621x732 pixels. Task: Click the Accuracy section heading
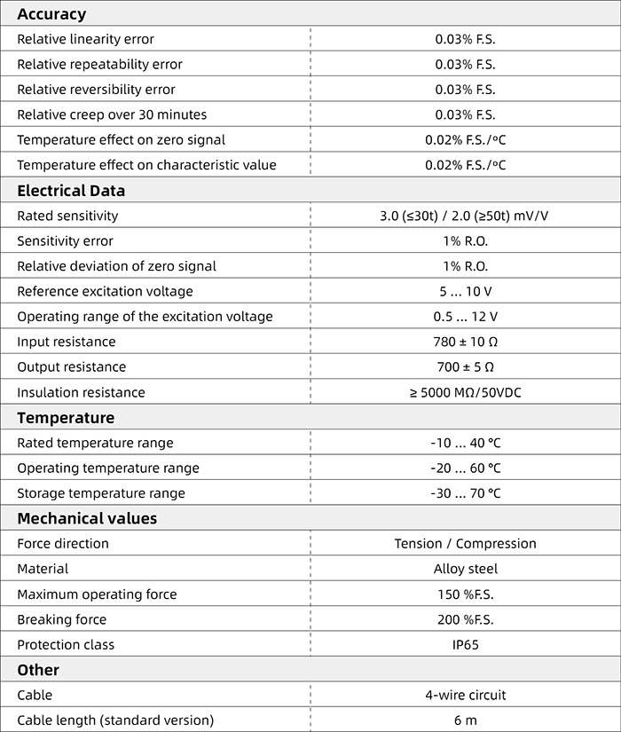[x=51, y=14]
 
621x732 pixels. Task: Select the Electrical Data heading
[x=71, y=191]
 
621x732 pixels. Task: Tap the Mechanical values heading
[x=87, y=518]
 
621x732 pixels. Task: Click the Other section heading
[x=38, y=670]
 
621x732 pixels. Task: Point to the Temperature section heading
[x=66, y=418]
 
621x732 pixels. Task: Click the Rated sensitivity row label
[x=67, y=216]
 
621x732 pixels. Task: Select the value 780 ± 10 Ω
[x=465, y=342]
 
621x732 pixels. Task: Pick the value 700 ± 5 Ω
[x=465, y=367]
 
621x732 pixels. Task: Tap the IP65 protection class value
[x=465, y=645]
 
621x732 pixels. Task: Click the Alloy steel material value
[x=465, y=569]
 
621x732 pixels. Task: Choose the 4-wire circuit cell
[x=465, y=696]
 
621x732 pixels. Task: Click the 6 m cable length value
[x=465, y=720]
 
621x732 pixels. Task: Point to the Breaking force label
[x=61, y=619]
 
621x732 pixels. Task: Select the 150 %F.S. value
[x=465, y=594]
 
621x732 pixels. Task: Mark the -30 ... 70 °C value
[x=465, y=493]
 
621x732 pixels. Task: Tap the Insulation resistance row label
[x=81, y=392]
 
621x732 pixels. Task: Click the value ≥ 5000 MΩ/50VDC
[x=465, y=392]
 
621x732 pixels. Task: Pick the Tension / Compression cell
[x=465, y=544]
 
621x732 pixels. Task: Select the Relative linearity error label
[x=85, y=39]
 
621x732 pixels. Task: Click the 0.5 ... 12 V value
[x=465, y=317]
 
